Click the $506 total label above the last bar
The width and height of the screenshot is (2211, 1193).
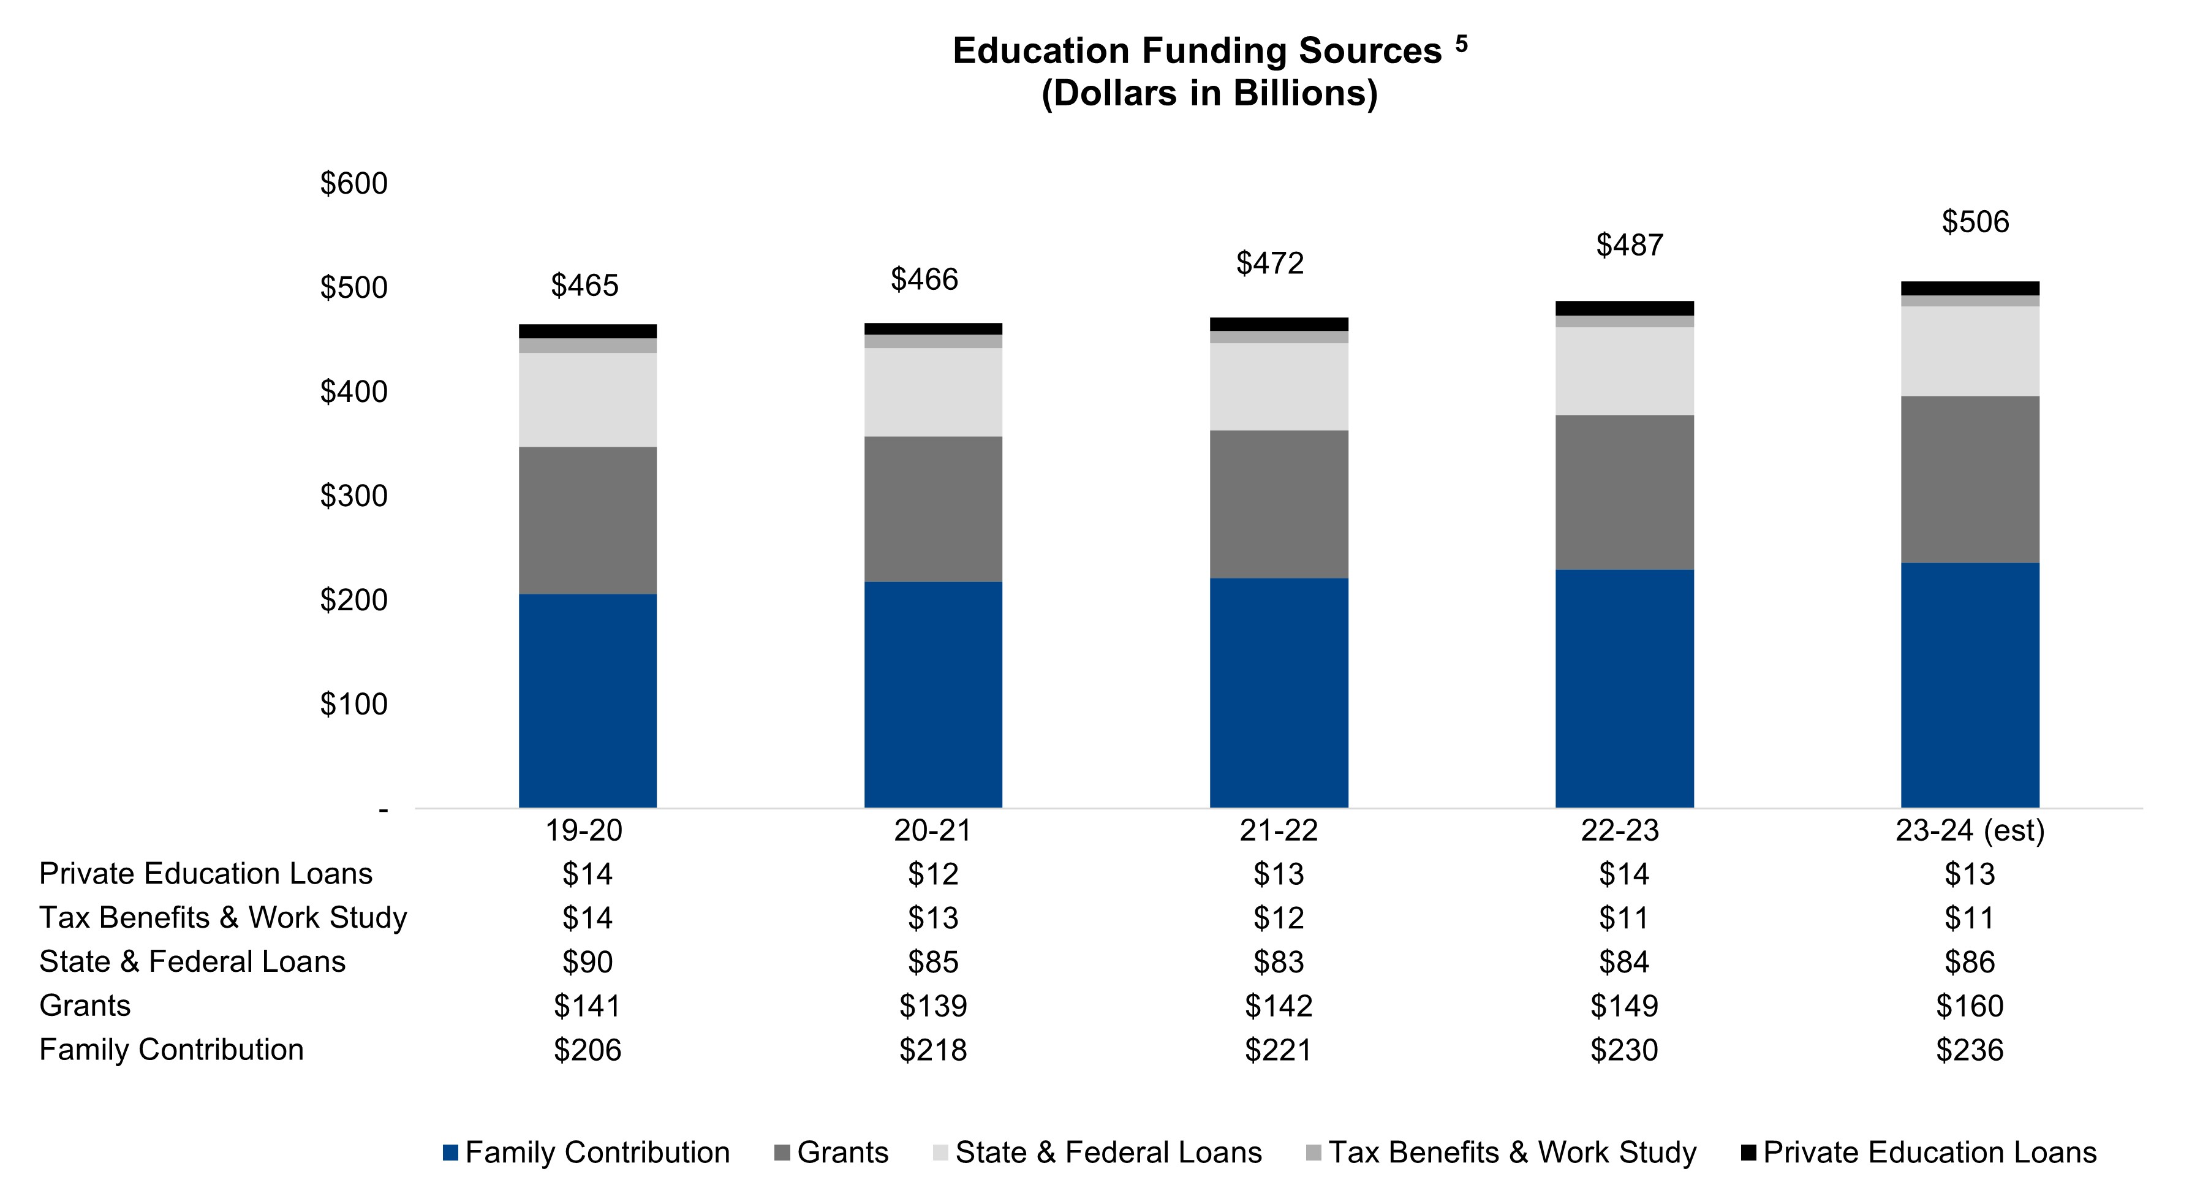[x=1975, y=222]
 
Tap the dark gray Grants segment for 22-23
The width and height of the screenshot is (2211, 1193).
[x=1624, y=492]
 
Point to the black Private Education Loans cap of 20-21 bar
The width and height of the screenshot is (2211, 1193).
[x=933, y=328]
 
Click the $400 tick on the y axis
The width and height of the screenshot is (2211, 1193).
[x=353, y=392]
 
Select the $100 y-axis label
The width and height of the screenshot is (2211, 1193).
[x=353, y=705]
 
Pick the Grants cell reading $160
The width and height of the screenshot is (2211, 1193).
[x=1969, y=1006]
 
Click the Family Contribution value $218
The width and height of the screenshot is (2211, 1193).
[x=933, y=1050]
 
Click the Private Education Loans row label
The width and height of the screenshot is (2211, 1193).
[x=206, y=874]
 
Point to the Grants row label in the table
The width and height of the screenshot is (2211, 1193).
[x=85, y=1006]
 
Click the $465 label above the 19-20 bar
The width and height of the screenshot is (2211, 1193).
[x=584, y=286]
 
